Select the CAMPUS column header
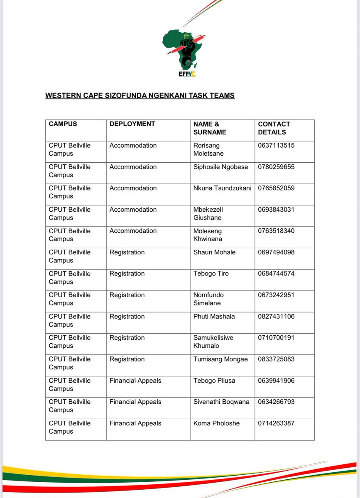coord(63,124)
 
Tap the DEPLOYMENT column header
coord(132,124)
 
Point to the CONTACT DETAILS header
coord(274,128)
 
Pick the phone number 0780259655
coord(276,167)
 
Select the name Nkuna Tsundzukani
coord(222,188)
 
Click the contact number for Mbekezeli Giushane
coord(276,210)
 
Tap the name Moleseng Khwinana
coord(208,235)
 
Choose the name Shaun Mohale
coord(214,252)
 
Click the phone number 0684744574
coord(276,273)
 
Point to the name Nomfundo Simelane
coord(208,299)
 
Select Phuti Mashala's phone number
coord(276,316)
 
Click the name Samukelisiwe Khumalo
coord(213,342)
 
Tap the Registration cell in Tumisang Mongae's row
coord(127,359)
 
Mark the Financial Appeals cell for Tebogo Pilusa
coord(135,381)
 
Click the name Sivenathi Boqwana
coord(221,402)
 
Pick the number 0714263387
coord(276,423)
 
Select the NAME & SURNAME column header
coord(210,128)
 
